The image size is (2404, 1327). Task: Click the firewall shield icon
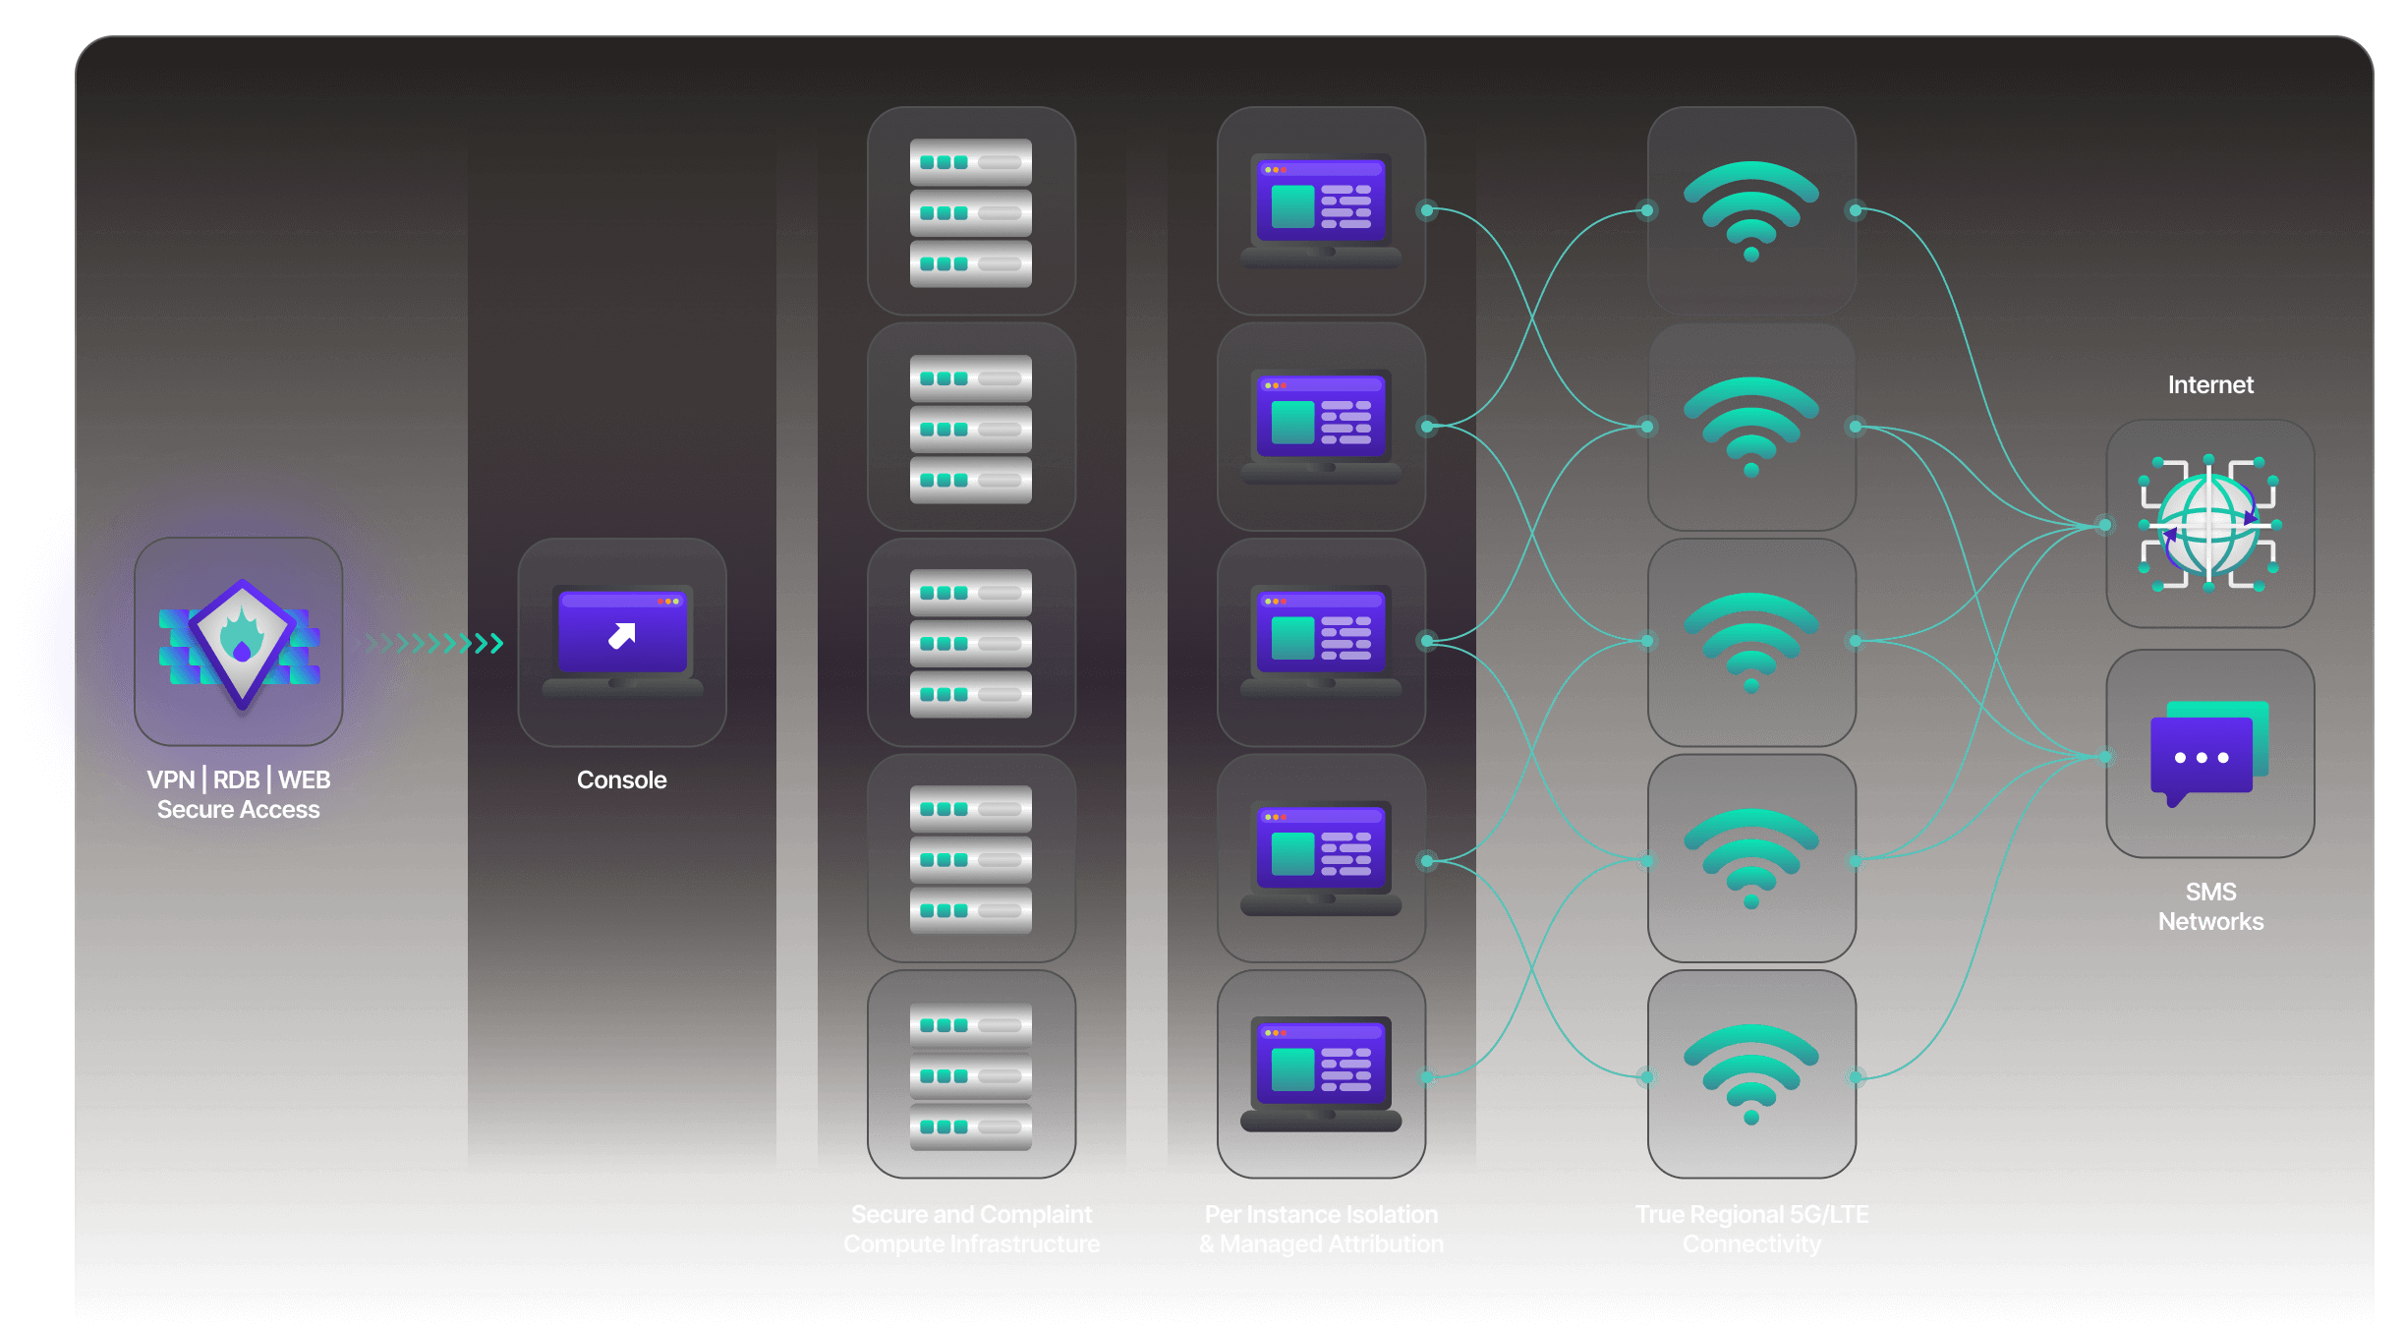point(240,642)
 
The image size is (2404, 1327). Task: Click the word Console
point(621,779)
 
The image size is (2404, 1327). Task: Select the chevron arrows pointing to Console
point(432,644)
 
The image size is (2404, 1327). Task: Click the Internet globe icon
point(2209,524)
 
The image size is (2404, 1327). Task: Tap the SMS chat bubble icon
point(2208,753)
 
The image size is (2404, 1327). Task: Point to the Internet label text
point(2209,384)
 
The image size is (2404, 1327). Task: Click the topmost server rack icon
point(971,211)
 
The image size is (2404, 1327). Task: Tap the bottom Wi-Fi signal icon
point(1751,1072)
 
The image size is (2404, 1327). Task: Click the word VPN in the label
point(171,779)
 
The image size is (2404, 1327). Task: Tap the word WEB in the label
point(304,779)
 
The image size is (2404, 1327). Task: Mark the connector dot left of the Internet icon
point(2104,525)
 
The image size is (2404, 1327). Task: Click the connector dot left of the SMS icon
point(2104,757)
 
